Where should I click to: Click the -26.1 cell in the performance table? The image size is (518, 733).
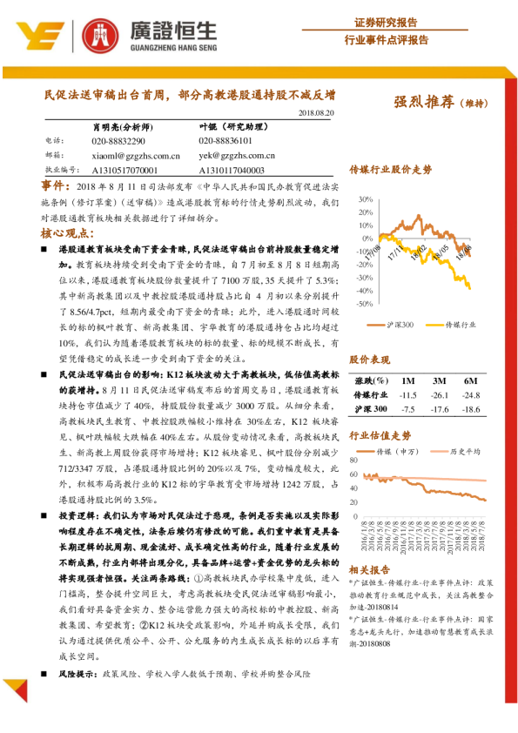tap(439, 394)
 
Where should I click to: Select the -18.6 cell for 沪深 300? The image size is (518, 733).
tap(472, 408)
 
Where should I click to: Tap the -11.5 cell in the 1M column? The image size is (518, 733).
tap(407, 394)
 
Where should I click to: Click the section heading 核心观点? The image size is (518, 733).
tap(64, 235)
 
